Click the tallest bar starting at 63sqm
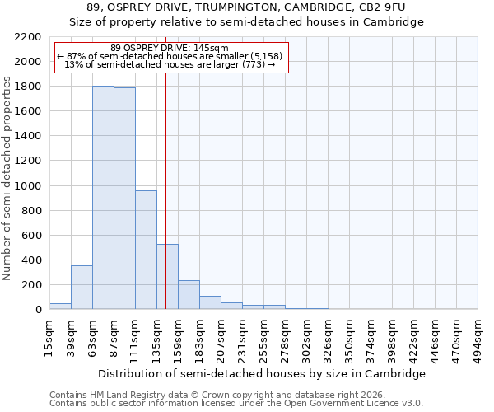coord(103,198)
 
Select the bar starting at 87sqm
coord(124,199)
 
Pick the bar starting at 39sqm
coord(82,288)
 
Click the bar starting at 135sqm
coord(167,277)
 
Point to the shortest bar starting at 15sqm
coord(60,307)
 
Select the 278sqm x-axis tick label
coord(285,338)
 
